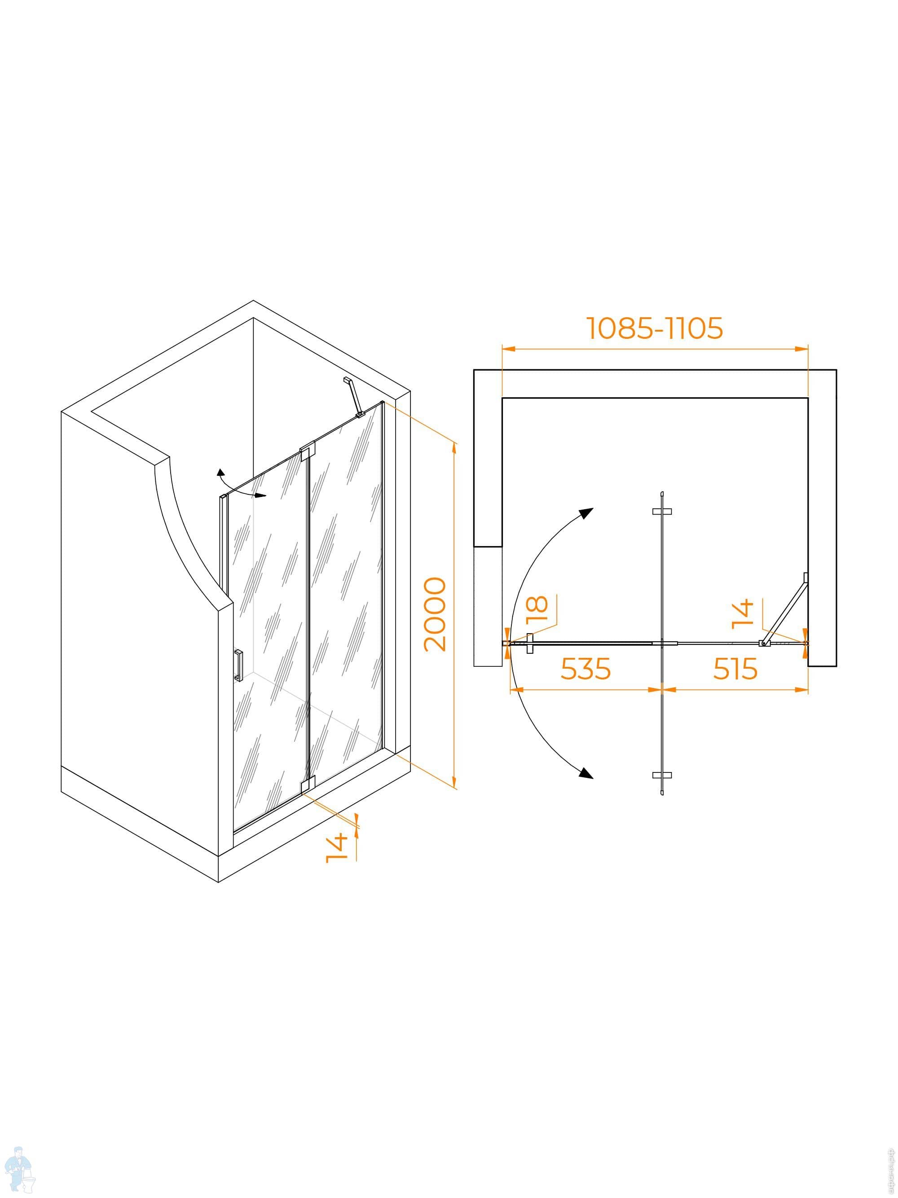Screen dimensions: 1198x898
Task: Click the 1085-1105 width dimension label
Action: click(x=655, y=328)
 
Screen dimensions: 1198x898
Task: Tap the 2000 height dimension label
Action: click(x=436, y=614)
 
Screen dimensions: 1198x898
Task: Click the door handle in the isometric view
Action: click(x=238, y=665)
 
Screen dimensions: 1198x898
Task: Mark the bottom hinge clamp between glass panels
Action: click(x=307, y=784)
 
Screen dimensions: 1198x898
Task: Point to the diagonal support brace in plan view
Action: click(x=785, y=609)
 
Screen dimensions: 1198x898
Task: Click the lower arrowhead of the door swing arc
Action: click(x=585, y=773)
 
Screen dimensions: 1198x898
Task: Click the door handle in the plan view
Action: click(x=529, y=643)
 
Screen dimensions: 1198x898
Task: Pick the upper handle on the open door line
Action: click(x=662, y=511)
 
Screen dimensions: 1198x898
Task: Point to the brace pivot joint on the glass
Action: click(x=764, y=643)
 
